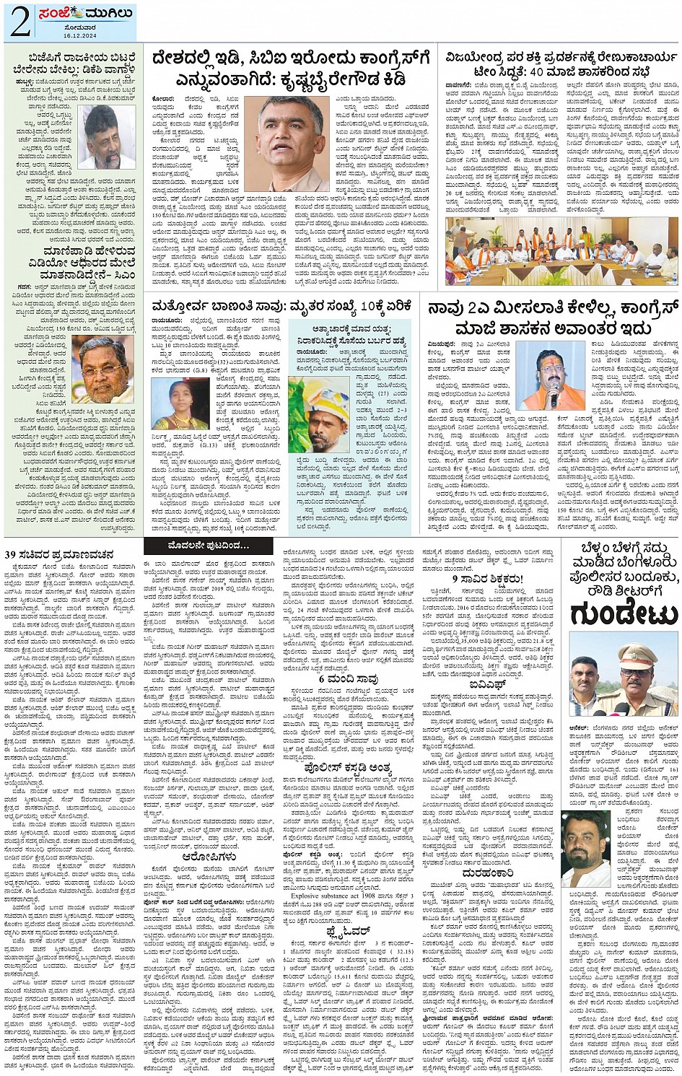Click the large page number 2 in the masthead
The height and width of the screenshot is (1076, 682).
point(19,22)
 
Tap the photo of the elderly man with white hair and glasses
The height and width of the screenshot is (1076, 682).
point(106,369)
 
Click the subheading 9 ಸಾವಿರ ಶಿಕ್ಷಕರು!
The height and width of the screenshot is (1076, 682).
point(486,579)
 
